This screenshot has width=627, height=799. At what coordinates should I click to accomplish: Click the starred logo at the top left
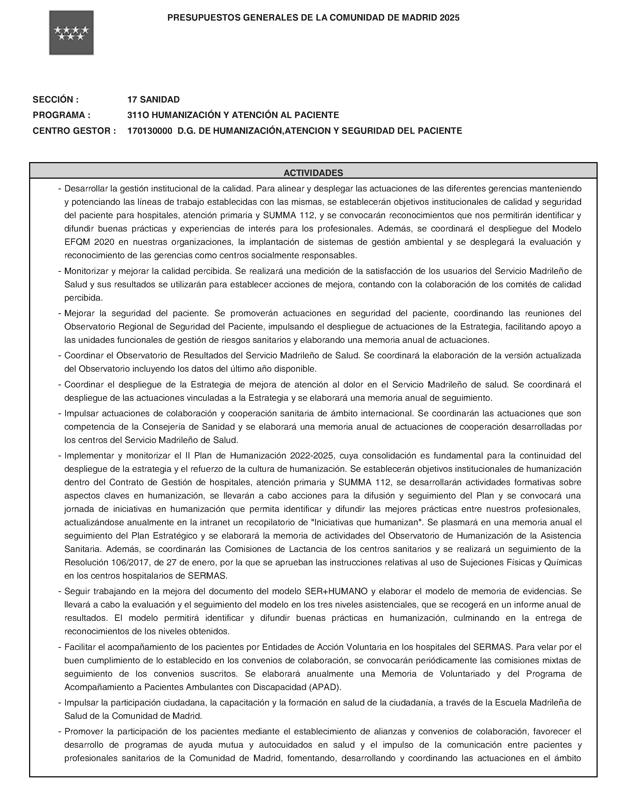point(71,33)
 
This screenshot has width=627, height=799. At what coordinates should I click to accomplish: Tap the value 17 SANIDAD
point(154,99)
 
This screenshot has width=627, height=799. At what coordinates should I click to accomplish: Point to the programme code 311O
point(138,115)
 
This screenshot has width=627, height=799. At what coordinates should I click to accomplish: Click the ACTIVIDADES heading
point(313,173)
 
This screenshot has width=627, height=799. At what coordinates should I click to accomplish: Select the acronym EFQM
point(76,242)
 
